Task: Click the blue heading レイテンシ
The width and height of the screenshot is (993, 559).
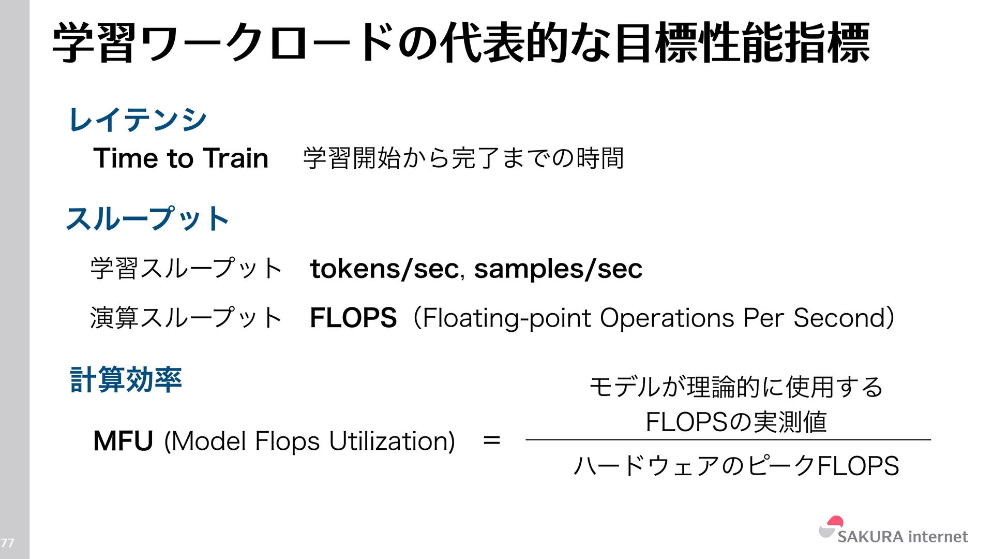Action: tap(138, 120)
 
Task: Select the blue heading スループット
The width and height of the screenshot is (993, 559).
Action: tap(148, 218)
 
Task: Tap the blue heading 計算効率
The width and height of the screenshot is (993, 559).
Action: tap(126, 379)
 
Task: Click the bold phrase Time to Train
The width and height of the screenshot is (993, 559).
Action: tap(180, 158)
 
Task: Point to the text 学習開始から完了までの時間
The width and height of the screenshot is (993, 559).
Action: tap(463, 158)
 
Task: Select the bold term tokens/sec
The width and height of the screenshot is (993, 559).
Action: tap(384, 269)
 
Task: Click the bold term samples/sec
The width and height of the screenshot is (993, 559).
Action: tap(558, 269)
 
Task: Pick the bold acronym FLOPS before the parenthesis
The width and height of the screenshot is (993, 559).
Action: tap(353, 318)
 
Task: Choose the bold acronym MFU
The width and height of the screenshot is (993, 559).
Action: tap(123, 441)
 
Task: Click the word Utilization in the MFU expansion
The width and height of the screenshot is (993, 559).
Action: tap(392, 441)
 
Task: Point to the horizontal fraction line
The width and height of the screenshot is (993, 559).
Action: tap(728, 439)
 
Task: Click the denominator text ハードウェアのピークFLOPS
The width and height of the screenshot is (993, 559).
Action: tap(736, 465)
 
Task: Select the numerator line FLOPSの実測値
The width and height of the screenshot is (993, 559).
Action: tap(736, 422)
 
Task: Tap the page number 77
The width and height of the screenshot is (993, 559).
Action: tap(7, 543)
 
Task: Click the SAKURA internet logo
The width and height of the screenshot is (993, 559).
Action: tap(893, 532)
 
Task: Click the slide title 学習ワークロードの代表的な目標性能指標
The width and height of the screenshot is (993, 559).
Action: tap(461, 43)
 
